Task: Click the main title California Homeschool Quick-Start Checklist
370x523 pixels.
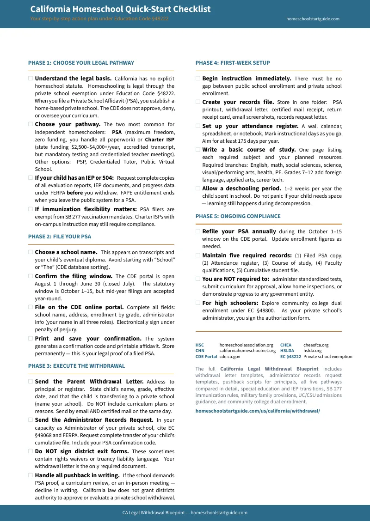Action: (120, 9)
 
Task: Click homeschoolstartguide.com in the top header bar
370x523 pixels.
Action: (313, 19)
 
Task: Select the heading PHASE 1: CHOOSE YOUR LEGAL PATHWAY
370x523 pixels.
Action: (81, 63)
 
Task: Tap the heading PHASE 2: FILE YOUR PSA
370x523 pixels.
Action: (60, 237)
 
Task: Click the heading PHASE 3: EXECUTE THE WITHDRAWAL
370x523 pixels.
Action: (76, 366)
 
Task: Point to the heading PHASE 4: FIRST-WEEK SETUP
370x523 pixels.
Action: (233, 63)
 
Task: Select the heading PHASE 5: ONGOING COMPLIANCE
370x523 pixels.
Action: (238, 216)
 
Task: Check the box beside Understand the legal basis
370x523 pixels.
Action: (31, 79)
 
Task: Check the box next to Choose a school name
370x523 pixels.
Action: (31, 252)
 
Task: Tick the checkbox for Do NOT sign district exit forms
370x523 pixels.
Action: (31, 451)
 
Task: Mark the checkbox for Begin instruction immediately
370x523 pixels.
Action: (198, 79)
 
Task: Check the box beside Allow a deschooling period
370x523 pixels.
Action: (198, 189)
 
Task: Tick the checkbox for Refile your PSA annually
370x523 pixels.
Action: (198, 231)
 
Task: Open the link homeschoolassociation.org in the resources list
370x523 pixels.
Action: (246, 345)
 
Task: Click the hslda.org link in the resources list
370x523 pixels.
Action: (312, 351)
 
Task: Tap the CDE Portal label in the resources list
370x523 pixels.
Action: (206, 357)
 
